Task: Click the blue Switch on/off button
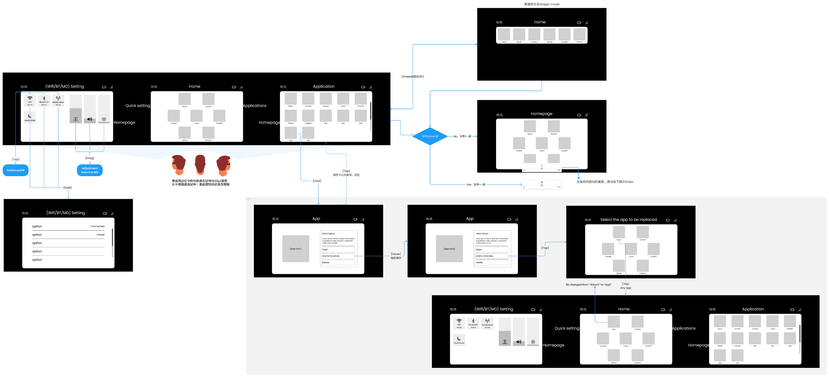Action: click(x=15, y=170)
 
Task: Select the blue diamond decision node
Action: click(x=430, y=136)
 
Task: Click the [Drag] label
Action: click(x=90, y=158)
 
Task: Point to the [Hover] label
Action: click(x=396, y=254)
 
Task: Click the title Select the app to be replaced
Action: click(x=628, y=220)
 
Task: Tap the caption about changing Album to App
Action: click(x=588, y=285)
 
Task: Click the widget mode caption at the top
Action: click(x=542, y=4)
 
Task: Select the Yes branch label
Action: click(x=475, y=185)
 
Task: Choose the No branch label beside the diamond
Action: click(x=462, y=136)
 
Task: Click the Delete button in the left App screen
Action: click(x=338, y=263)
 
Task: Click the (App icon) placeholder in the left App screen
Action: click(x=295, y=249)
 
